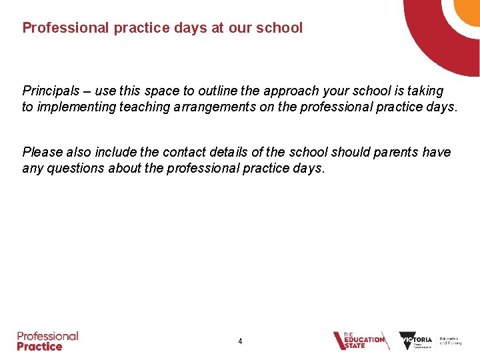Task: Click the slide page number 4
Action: (x=240, y=341)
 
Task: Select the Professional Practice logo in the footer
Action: (x=48, y=341)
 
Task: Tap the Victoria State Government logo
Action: (x=415, y=341)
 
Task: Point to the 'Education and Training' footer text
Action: (x=450, y=341)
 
